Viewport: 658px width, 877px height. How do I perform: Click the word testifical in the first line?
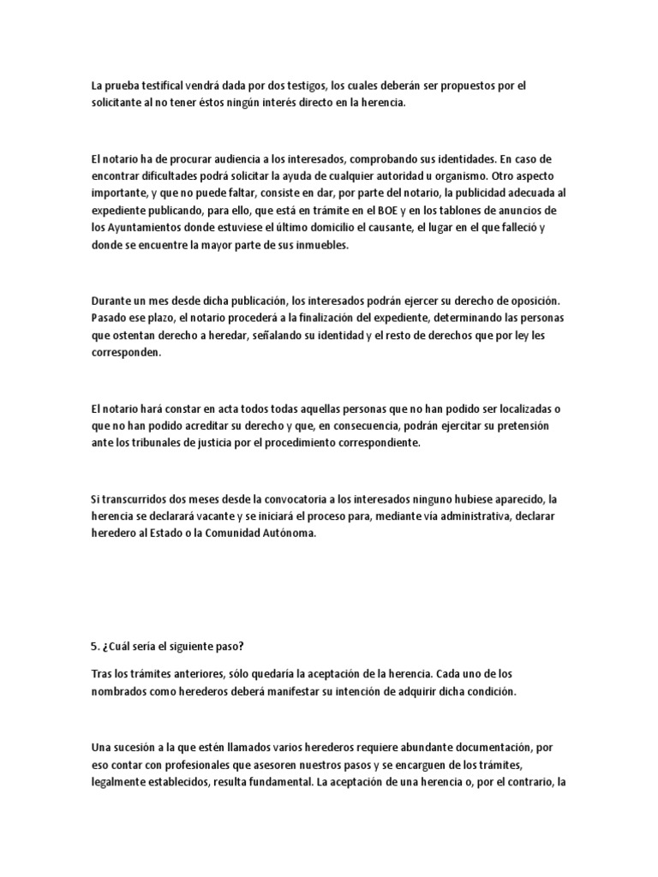pos(157,86)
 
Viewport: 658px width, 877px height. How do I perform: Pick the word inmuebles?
pos(322,245)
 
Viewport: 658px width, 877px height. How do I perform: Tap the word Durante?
pos(111,301)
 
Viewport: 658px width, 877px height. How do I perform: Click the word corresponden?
pos(125,352)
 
